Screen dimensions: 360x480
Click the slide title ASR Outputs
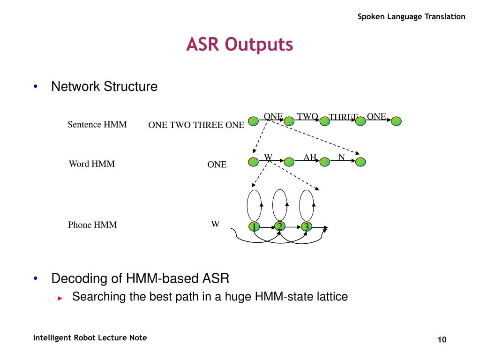240,45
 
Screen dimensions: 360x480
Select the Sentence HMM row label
97,124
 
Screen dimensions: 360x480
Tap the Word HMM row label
91,164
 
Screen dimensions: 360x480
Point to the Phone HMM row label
92,225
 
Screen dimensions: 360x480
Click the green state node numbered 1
254,227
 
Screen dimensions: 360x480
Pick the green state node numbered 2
280,226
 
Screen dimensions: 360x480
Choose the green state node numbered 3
307,227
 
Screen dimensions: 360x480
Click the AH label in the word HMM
310,157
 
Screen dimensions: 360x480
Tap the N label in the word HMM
342,157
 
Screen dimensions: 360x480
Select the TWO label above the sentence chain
307,116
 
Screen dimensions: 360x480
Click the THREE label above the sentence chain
343,117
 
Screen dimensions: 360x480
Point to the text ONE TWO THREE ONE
196,125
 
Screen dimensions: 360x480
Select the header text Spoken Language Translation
412,17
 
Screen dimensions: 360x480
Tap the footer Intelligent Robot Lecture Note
90,338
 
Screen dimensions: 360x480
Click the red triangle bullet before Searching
60,298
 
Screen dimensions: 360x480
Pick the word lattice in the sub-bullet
334,297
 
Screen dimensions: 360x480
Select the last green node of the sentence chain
397,121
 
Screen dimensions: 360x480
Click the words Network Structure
104,87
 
